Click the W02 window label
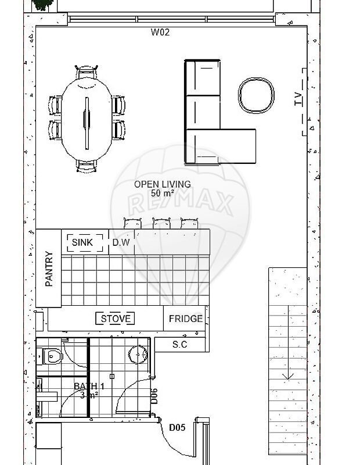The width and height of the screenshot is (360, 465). pyautogui.click(x=160, y=32)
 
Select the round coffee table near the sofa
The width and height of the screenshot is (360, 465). pyautogui.click(x=256, y=95)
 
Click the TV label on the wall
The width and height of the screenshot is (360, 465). pyautogui.click(x=298, y=99)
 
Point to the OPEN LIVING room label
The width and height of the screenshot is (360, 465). pyautogui.click(x=163, y=184)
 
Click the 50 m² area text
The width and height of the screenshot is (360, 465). pyautogui.click(x=162, y=194)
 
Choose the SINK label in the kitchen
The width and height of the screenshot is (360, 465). pyautogui.click(x=82, y=242)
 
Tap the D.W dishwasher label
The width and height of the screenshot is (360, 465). pyautogui.click(x=121, y=242)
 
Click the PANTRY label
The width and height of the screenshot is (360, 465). pyautogui.click(x=49, y=269)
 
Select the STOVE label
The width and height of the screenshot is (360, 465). pyautogui.click(x=116, y=319)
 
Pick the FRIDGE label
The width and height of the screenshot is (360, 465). pyautogui.click(x=186, y=319)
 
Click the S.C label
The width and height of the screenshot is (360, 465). pyautogui.click(x=180, y=344)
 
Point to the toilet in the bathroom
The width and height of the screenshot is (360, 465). pyautogui.click(x=50, y=356)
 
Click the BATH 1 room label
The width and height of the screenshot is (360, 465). pyautogui.click(x=89, y=386)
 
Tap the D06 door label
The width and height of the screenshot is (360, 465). pyautogui.click(x=154, y=396)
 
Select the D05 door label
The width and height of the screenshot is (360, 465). pyautogui.click(x=177, y=427)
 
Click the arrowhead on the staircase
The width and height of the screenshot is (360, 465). pyautogui.click(x=288, y=376)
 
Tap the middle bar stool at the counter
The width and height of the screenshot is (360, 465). pyautogui.click(x=161, y=223)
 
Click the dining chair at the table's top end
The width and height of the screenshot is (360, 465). pyautogui.click(x=86, y=72)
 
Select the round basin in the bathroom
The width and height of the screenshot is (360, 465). pyautogui.click(x=138, y=355)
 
